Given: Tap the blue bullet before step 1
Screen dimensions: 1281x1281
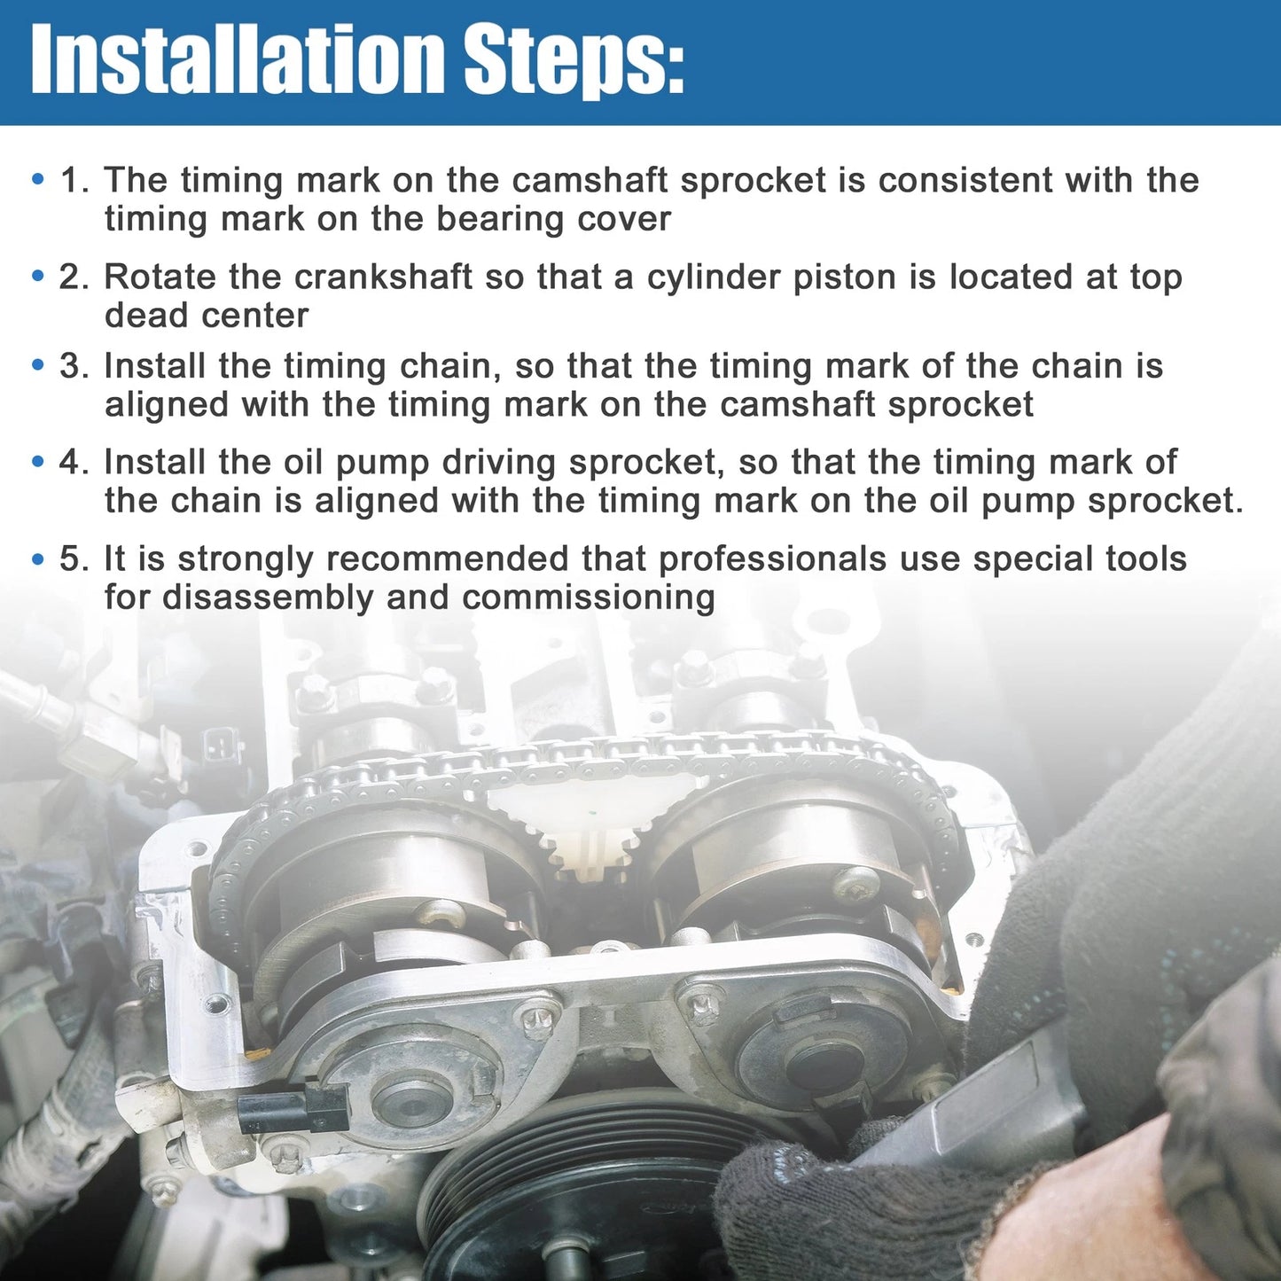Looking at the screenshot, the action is click(38, 180).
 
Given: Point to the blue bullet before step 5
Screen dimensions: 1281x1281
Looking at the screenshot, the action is click(38, 559).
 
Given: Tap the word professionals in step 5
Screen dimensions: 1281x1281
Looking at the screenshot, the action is click(772, 559).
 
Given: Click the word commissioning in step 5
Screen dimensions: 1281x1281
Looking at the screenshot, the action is click(588, 598).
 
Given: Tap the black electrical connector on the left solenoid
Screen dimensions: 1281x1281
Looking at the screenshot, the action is click(293, 1107).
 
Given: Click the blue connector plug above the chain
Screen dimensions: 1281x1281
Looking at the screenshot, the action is click(219, 749).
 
